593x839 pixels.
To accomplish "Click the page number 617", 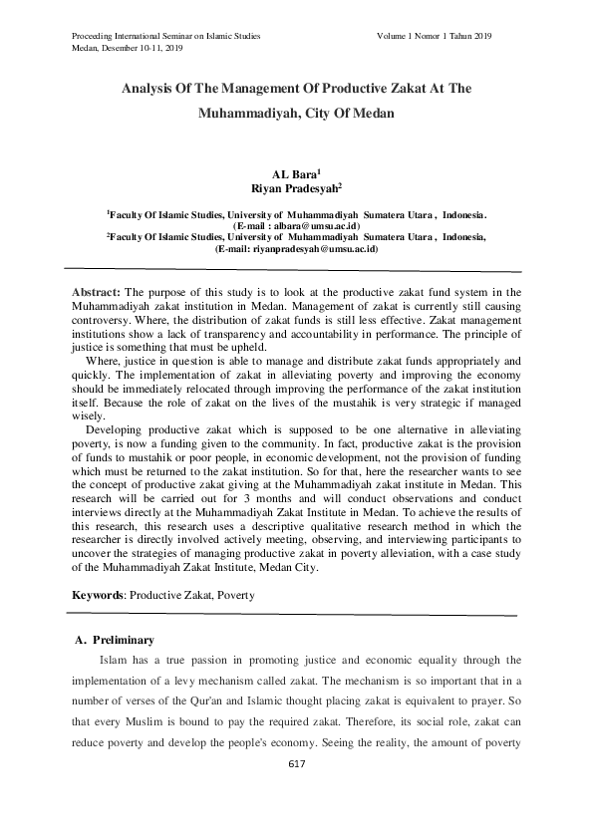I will click(x=295, y=764).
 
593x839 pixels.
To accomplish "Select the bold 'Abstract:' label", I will click(x=96, y=290).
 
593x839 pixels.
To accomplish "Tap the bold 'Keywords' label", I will click(x=98, y=595).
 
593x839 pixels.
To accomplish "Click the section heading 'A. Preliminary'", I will click(x=116, y=639).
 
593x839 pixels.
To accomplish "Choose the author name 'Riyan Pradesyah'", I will click(x=294, y=186).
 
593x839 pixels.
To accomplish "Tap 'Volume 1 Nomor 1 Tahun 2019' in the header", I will click(x=435, y=36).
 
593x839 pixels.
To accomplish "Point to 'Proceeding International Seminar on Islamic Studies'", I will click(x=166, y=36).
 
